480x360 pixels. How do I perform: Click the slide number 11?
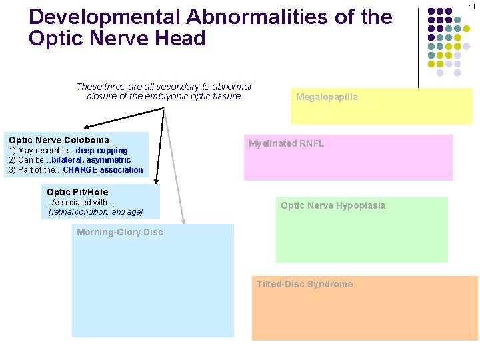tap(472, 6)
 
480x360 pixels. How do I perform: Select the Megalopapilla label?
tap(327, 97)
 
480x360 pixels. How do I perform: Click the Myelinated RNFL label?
tap(286, 143)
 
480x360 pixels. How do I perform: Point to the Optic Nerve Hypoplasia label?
tap(333, 205)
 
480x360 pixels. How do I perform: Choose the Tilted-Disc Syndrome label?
tap(305, 284)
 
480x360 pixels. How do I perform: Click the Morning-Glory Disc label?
tap(119, 232)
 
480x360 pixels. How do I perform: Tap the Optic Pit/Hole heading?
tap(77, 192)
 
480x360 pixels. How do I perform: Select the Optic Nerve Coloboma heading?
tap(59, 140)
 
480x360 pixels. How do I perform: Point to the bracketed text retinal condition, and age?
tap(95, 212)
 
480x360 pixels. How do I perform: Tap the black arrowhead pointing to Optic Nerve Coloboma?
tap(87, 126)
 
